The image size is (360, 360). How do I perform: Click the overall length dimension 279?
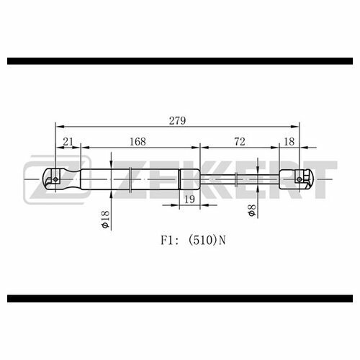(177, 120)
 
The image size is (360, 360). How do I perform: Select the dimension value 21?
(68, 142)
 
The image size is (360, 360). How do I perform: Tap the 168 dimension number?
(138, 142)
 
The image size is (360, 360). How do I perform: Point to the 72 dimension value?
(240, 142)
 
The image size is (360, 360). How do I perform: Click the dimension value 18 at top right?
(289, 142)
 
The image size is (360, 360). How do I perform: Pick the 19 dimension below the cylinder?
(189, 199)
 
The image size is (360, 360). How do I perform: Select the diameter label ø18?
(105, 219)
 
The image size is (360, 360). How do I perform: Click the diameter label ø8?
(252, 210)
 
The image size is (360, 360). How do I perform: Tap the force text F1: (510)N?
(193, 240)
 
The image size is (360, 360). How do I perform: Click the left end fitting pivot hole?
(55, 179)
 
